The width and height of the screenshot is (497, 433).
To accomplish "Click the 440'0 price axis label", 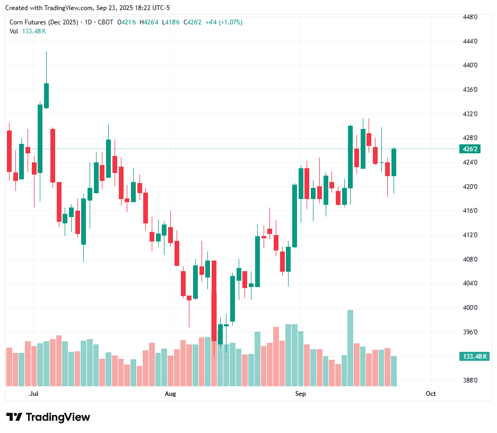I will click(470, 65).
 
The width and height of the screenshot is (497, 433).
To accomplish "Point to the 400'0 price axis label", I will click(470, 308).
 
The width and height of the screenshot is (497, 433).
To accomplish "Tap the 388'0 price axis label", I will click(470, 380).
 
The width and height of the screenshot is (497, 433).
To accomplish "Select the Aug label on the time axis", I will click(170, 394).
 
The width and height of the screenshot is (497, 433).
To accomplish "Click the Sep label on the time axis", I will click(301, 394).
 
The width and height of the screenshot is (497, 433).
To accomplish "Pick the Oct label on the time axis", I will click(431, 394).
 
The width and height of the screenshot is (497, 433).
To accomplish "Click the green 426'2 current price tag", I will click(472, 149).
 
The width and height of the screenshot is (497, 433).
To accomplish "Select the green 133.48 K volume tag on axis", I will click(475, 357).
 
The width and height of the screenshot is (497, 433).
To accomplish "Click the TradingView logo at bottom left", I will click(48, 417).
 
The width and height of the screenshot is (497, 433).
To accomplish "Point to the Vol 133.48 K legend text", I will click(28, 31).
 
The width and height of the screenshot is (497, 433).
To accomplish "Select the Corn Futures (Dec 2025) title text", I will click(44, 22).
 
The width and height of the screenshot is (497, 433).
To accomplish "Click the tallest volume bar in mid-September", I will click(350, 348).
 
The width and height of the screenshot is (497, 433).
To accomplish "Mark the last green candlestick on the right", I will click(394, 162).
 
